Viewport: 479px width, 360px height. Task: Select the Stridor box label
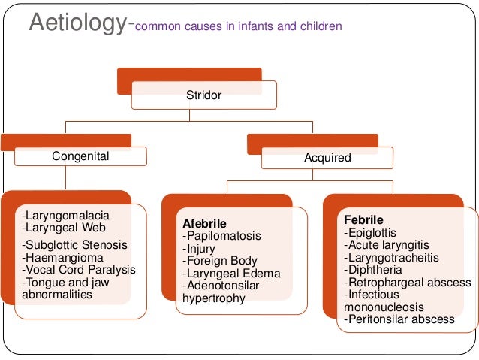pyautogui.click(x=204, y=95)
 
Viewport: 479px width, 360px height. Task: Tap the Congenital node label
pyautogui.click(x=80, y=156)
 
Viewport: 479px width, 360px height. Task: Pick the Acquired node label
pyautogui.click(x=327, y=159)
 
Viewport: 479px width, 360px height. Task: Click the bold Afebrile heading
pyautogui.click(x=205, y=224)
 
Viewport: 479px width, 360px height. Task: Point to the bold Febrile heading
pyautogui.click(x=363, y=220)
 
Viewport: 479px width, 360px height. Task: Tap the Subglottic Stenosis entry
pyautogui.click(x=75, y=245)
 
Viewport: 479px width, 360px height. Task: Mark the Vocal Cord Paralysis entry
pyautogui.click(x=80, y=270)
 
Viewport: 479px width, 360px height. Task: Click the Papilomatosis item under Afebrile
pyautogui.click(x=222, y=237)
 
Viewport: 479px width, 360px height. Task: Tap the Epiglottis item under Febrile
pyautogui.click(x=371, y=232)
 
